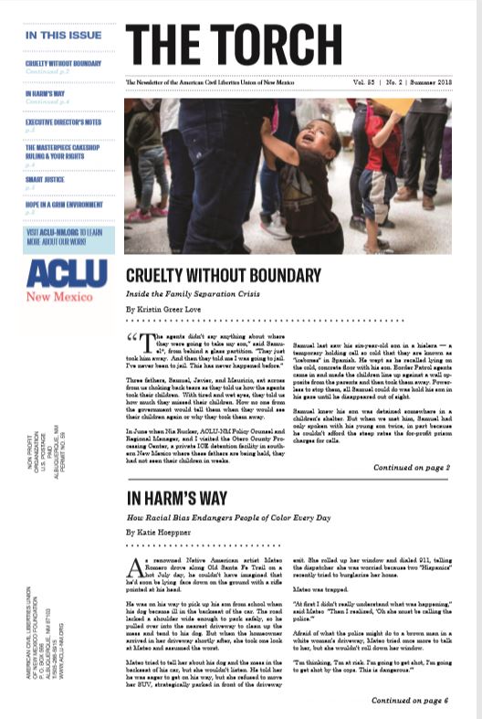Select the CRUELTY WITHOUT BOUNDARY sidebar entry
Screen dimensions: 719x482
pos(63,63)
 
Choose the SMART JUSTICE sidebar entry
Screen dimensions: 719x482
pos(45,179)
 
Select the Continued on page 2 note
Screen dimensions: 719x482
pos(412,468)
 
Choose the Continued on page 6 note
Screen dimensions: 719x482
pos(412,700)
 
